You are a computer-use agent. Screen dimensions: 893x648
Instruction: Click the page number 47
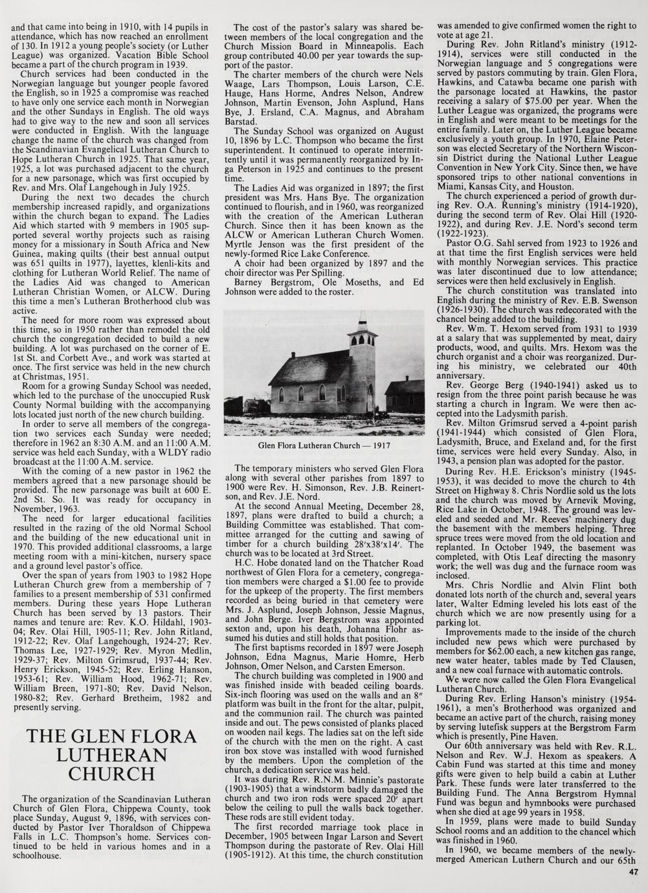pos(633,872)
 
